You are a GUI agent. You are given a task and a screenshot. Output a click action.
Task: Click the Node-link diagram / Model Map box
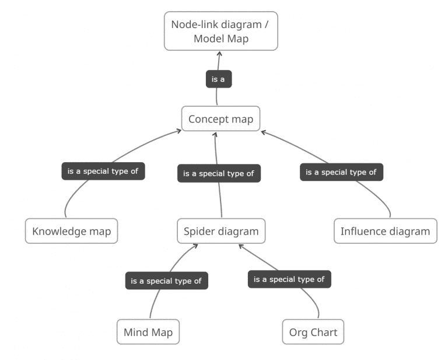coord(220,32)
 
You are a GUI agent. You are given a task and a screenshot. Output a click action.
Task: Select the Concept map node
coord(220,119)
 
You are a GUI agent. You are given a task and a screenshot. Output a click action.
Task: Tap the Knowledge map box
coord(72,231)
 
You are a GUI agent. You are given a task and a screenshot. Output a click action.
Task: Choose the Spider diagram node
coord(221,231)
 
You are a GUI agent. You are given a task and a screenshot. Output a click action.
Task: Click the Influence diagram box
coord(385,231)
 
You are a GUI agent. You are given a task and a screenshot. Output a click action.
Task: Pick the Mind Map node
coord(148,333)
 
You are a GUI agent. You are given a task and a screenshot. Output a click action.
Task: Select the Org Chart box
coord(313,333)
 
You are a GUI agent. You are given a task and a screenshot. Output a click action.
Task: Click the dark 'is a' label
coord(219,79)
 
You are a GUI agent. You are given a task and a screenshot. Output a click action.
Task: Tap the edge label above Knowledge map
coord(103,172)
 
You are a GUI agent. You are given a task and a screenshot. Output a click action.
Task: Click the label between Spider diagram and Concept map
coord(218,173)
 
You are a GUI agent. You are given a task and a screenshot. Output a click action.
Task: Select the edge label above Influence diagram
coord(341,172)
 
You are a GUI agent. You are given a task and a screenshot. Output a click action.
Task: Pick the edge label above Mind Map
coord(166,281)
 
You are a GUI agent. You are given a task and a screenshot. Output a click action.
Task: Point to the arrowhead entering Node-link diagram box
coord(220,53)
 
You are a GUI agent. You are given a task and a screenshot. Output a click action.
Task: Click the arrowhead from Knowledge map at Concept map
coord(178,132)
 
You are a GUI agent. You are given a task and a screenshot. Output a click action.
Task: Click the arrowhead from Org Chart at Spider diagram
coord(242,246)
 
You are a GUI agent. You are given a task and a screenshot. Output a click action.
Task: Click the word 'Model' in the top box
coord(211,40)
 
